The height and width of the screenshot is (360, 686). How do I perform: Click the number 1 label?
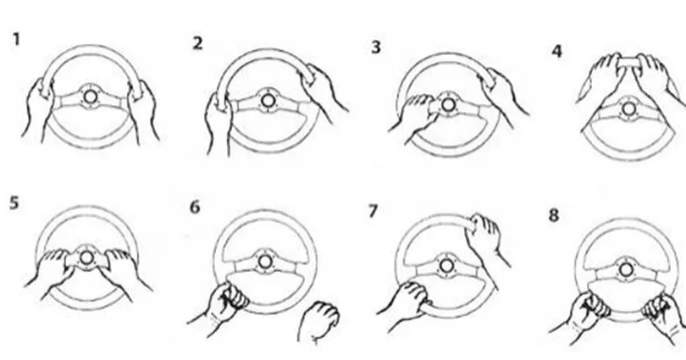click(x=17, y=39)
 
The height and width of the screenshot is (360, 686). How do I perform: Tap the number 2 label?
click(x=197, y=43)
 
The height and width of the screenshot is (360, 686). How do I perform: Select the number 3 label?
click(x=376, y=47)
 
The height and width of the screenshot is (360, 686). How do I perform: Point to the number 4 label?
click(x=556, y=51)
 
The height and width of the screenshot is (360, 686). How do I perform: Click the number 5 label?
click(x=14, y=203)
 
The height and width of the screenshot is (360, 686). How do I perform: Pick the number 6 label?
click(x=195, y=207)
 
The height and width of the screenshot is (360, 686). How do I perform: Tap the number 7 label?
click(x=373, y=211)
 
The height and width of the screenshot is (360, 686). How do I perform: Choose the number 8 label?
click(x=553, y=215)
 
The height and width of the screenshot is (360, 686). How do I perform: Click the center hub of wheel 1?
click(x=90, y=97)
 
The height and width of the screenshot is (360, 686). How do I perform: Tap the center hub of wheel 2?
click(x=268, y=101)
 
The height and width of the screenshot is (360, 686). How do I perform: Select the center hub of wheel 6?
click(x=264, y=262)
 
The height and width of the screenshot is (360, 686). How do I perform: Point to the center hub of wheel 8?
click(x=626, y=269)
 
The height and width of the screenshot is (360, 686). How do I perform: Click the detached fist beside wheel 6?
click(x=318, y=322)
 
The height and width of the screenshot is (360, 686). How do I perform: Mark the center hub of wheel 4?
click(x=628, y=109)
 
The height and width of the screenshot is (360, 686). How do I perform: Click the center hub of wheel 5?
click(x=86, y=258)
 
